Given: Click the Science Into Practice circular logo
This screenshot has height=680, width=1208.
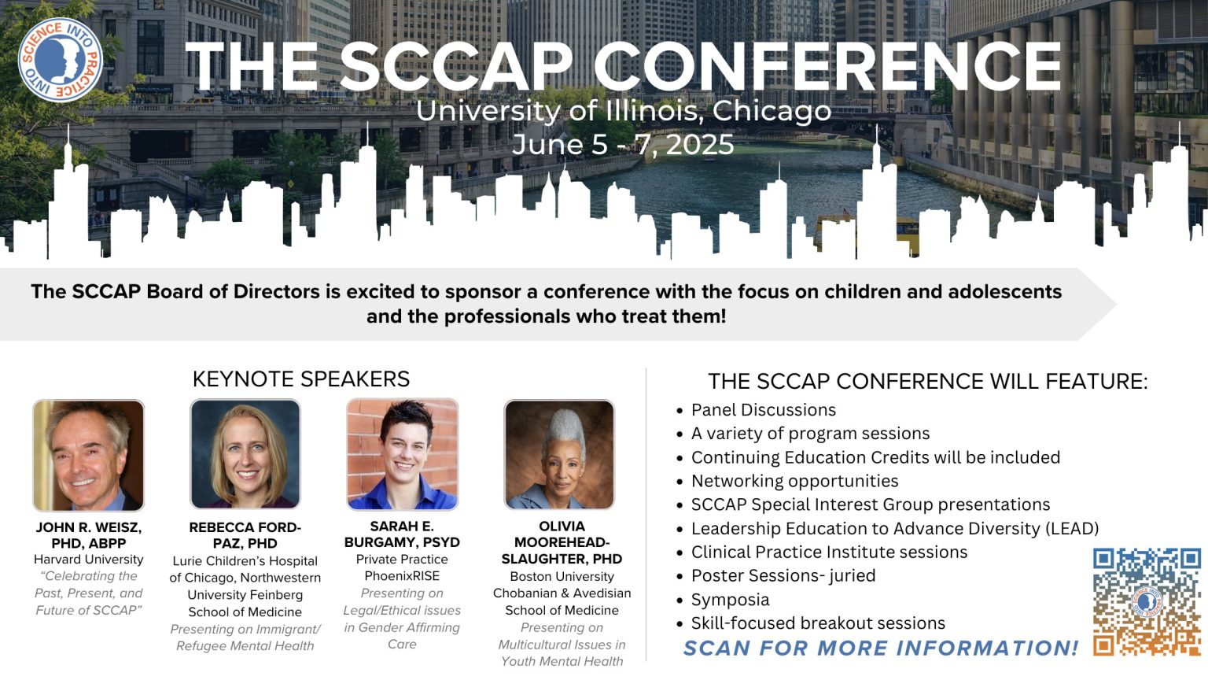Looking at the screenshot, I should coord(60,60).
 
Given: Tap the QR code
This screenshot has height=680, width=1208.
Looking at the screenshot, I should coord(1147,602).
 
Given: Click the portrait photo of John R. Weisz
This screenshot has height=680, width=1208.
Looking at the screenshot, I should coord(89,455).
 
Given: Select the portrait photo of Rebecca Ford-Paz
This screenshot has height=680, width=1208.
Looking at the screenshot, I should coord(245,454).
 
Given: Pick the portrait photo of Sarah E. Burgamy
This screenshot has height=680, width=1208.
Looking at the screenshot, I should coord(402,454).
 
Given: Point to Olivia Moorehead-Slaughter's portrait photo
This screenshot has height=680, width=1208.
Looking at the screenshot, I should coord(559,454).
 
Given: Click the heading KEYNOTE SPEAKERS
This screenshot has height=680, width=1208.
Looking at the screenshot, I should coord(301,379).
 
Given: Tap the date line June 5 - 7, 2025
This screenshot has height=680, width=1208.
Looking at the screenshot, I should coord(623,145).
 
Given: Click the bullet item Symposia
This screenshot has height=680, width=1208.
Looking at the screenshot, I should coord(730,600).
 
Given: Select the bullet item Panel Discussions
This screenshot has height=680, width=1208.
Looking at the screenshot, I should coord(763,410).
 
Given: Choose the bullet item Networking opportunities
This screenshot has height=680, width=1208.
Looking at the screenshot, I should coord(794,481).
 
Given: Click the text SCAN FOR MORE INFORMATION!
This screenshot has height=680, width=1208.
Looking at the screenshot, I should coord(881,648).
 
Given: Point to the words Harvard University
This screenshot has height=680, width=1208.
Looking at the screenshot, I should coord(89,560).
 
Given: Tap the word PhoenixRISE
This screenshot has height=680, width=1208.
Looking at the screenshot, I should coord(402,576).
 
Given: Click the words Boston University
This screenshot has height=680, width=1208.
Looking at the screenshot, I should coord(562,576).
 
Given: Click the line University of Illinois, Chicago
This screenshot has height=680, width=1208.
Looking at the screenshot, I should coord(623,111).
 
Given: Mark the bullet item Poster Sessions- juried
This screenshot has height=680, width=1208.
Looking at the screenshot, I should coord(783,575).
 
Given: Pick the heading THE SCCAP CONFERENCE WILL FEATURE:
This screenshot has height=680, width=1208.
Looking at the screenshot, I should coord(927,382).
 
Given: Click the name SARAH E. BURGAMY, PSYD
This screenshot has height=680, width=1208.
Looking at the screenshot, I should coord(402,534).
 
